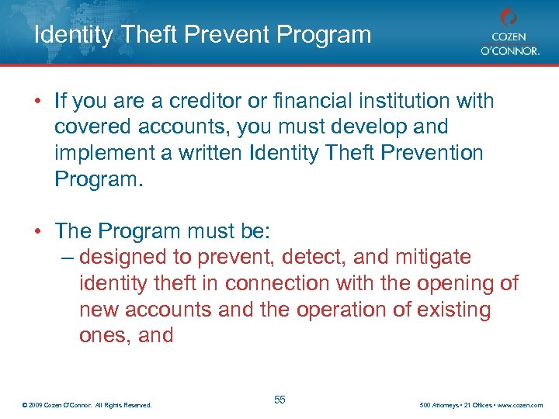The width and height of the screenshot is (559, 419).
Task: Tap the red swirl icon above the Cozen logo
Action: click(508, 17)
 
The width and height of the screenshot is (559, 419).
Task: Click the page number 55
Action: click(279, 400)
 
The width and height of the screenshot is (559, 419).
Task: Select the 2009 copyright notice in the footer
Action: click(87, 405)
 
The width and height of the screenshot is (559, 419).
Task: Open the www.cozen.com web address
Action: click(522, 405)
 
